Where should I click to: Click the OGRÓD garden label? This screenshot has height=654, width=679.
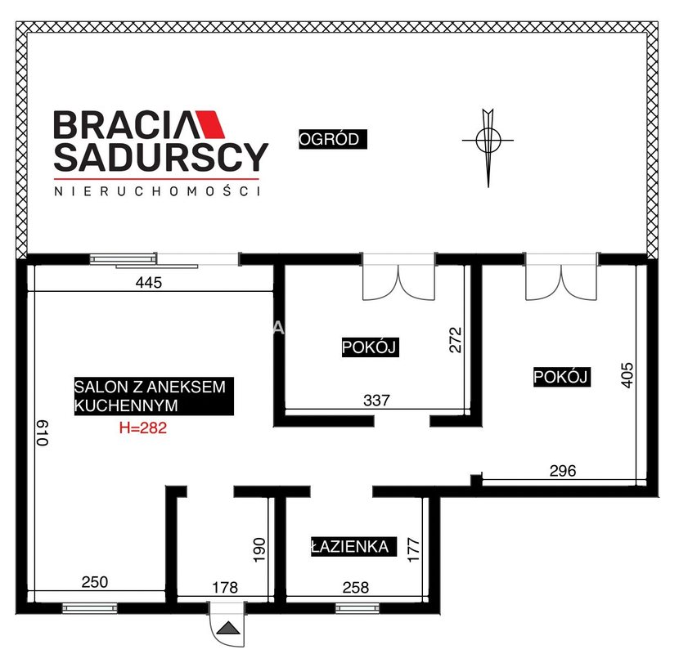pyautogui.click(x=333, y=139)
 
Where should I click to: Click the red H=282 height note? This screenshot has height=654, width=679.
pyautogui.click(x=143, y=428)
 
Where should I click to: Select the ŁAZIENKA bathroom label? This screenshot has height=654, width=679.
pyautogui.click(x=353, y=546)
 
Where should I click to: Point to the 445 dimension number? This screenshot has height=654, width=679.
pyautogui.click(x=149, y=283)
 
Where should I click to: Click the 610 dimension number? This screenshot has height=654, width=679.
pyautogui.click(x=42, y=432)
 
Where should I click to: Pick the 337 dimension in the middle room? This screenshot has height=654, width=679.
pyautogui.click(x=376, y=401)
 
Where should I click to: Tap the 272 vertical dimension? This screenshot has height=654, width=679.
pyautogui.click(x=456, y=340)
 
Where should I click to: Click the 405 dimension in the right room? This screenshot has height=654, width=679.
pyautogui.click(x=627, y=375)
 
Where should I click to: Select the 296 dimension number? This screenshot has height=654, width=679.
pyautogui.click(x=563, y=471)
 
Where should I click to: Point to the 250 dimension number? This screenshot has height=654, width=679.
pyautogui.click(x=94, y=582)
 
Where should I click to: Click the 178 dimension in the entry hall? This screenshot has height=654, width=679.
pyautogui.click(x=225, y=587)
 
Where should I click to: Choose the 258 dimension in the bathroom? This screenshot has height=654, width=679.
pyautogui.click(x=356, y=587)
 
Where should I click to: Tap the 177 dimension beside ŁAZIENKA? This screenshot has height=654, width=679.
pyautogui.click(x=414, y=549)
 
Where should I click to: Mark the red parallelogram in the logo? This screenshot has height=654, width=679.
pyautogui.click(x=210, y=124)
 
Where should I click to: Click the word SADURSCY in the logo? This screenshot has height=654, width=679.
pyautogui.click(x=161, y=156)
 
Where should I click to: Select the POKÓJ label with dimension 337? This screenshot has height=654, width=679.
pyautogui.click(x=370, y=347)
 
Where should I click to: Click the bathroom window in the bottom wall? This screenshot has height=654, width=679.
pyautogui.click(x=357, y=608)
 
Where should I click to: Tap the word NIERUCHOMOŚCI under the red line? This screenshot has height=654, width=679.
pyautogui.click(x=158, y=191)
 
